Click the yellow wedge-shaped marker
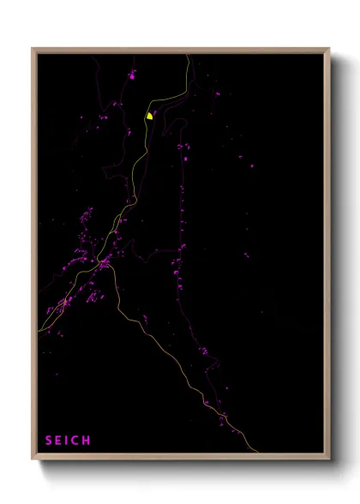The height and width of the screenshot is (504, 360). (x=149, y=115)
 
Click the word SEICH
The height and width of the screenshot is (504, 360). (x=68, y=441)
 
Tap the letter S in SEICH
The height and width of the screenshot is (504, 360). (x=49, y=441)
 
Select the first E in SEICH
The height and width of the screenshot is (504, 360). (x=59, y=441)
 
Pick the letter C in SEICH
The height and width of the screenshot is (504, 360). (x=76, y=441)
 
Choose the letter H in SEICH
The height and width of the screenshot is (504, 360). (x=87, y=441)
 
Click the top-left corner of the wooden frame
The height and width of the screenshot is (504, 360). (x=33, y=49)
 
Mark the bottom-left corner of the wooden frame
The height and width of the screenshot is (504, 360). (x=33, y=459)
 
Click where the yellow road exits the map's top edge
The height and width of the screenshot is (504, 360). (x=188, y=54)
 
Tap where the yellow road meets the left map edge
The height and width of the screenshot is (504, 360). (x=39, y=330)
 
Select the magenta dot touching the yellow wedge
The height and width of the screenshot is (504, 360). (x=154, y=111)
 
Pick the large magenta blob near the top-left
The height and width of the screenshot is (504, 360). (x=132, y=75)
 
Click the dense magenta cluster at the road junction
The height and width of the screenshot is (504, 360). (x=103, y=266)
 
